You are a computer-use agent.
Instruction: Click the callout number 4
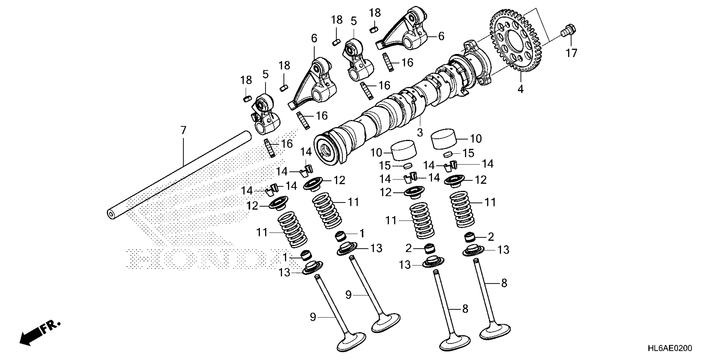[520, 89]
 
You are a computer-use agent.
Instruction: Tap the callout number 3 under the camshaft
[420, 133]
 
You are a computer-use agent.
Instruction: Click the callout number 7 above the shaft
[183, 130]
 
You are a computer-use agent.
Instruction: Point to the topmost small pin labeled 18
[374, 30]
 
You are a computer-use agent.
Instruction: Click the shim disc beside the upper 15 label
[448, 154]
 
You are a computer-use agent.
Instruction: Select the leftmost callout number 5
[265, 75]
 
